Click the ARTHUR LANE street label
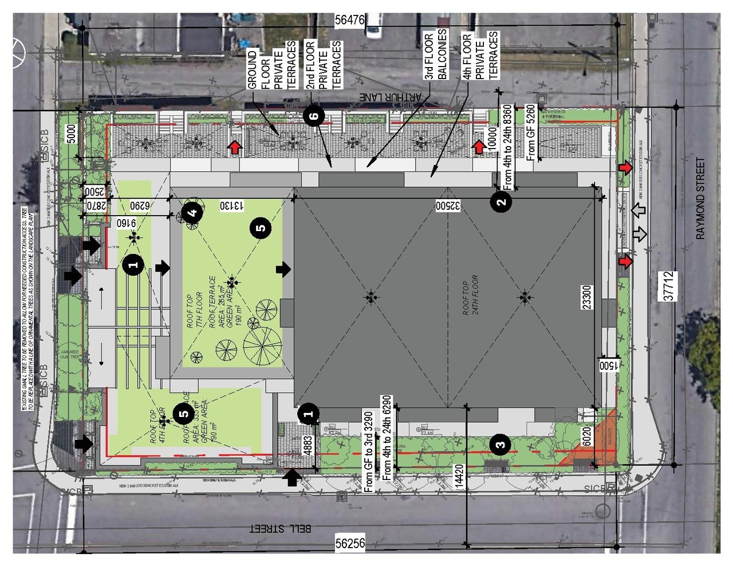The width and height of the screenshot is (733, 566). [x=390, y=97]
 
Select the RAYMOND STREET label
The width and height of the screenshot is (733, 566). [x=700, y=198]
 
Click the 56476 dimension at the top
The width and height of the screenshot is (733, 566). [x=349, y=20]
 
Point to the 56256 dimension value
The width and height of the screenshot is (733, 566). [x=349, y=543]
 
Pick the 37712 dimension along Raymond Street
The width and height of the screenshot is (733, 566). [x=668, y=286]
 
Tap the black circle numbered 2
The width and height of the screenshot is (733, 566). [x=502, y=201]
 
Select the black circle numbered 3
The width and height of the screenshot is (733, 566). [x=501, y=444]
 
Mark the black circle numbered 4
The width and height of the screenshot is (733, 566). [x=192, y=212]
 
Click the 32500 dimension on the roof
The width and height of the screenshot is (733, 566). [x=448, y=205]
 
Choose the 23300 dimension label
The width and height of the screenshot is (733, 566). [x=587, y=297]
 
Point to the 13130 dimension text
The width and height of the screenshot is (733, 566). [x=232, y=205]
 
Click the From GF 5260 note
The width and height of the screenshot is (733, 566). [x=531, y=132]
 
